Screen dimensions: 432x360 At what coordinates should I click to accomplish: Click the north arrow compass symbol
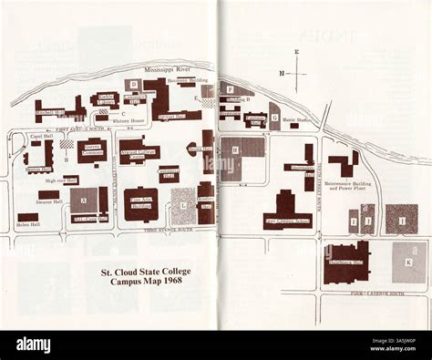[x=295, y=72]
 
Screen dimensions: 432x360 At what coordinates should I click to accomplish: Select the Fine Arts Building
[x=141, y=204]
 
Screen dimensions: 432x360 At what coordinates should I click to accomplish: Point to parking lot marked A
[x=84, y=200]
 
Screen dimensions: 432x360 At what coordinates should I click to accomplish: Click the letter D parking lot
[x=133, y=85]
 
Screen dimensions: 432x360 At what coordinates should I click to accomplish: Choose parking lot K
[x=408, y=262]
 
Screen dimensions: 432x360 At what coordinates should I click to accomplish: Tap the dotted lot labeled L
[x=183, y=206]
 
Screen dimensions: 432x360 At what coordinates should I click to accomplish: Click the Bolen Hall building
[x=27, y=220]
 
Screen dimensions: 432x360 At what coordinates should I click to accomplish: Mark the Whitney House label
[x=132, y=121]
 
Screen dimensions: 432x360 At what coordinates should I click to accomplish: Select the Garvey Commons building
[x=91, y=152]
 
